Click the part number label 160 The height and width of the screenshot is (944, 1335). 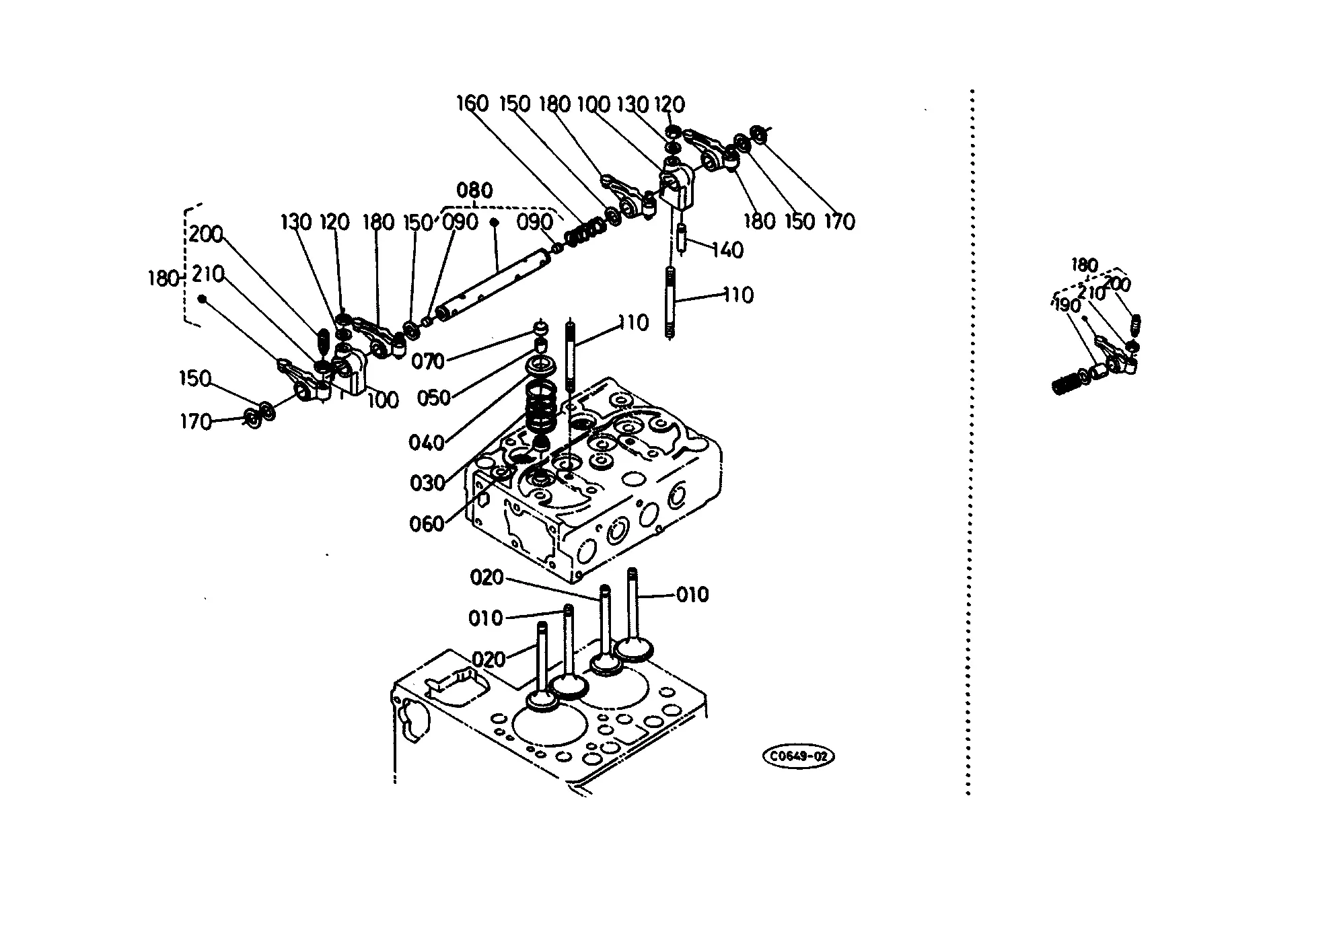click(472, 104)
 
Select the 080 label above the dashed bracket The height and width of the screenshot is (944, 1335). click(474, 190)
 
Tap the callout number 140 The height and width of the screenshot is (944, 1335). click(727, 250)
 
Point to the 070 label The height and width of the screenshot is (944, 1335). click(428, 361)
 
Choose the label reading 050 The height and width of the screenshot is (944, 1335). click(433, 398)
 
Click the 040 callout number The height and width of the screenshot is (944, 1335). click(427, 443)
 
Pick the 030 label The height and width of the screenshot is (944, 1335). click(427, 483)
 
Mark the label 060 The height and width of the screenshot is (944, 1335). click(427, 523)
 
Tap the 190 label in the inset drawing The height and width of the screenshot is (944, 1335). click(1067, 306)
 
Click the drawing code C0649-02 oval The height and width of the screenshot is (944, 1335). click(799, 756)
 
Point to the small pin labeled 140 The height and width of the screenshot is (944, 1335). click(682, 240)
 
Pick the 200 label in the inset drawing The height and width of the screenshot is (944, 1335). click(1118, 285)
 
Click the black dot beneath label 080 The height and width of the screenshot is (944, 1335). click(494, 221)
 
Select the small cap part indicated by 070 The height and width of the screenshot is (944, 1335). click(539, 328)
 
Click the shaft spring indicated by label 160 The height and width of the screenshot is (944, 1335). click(583, 232)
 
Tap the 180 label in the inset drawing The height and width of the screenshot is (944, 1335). click(1083, 265)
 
